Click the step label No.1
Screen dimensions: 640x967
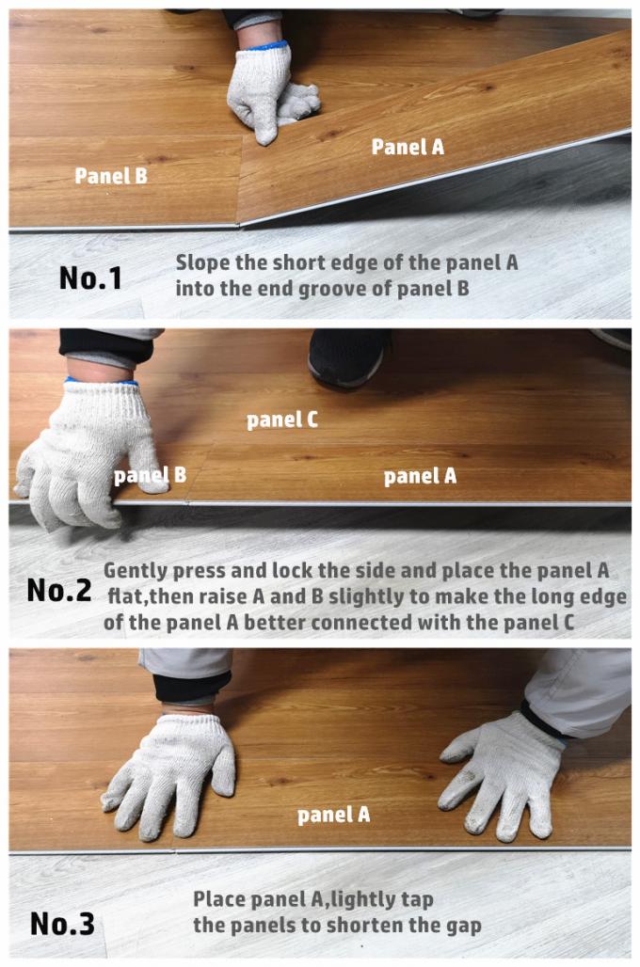(90, 278)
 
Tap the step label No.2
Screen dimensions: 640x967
(59, 591)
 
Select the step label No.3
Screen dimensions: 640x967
(62, 924)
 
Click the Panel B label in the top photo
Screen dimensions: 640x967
(111, 176)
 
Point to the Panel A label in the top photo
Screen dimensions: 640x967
(408, 147)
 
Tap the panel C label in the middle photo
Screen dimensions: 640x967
(282, 420)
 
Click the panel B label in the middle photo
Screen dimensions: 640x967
(150, 475)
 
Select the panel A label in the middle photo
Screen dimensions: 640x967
(421, 476)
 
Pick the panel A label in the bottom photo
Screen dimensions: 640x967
(334, 815)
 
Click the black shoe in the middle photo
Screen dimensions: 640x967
(348, 357)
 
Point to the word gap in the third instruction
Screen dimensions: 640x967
(463, 927)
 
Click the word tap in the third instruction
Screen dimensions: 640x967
(416, 900)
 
